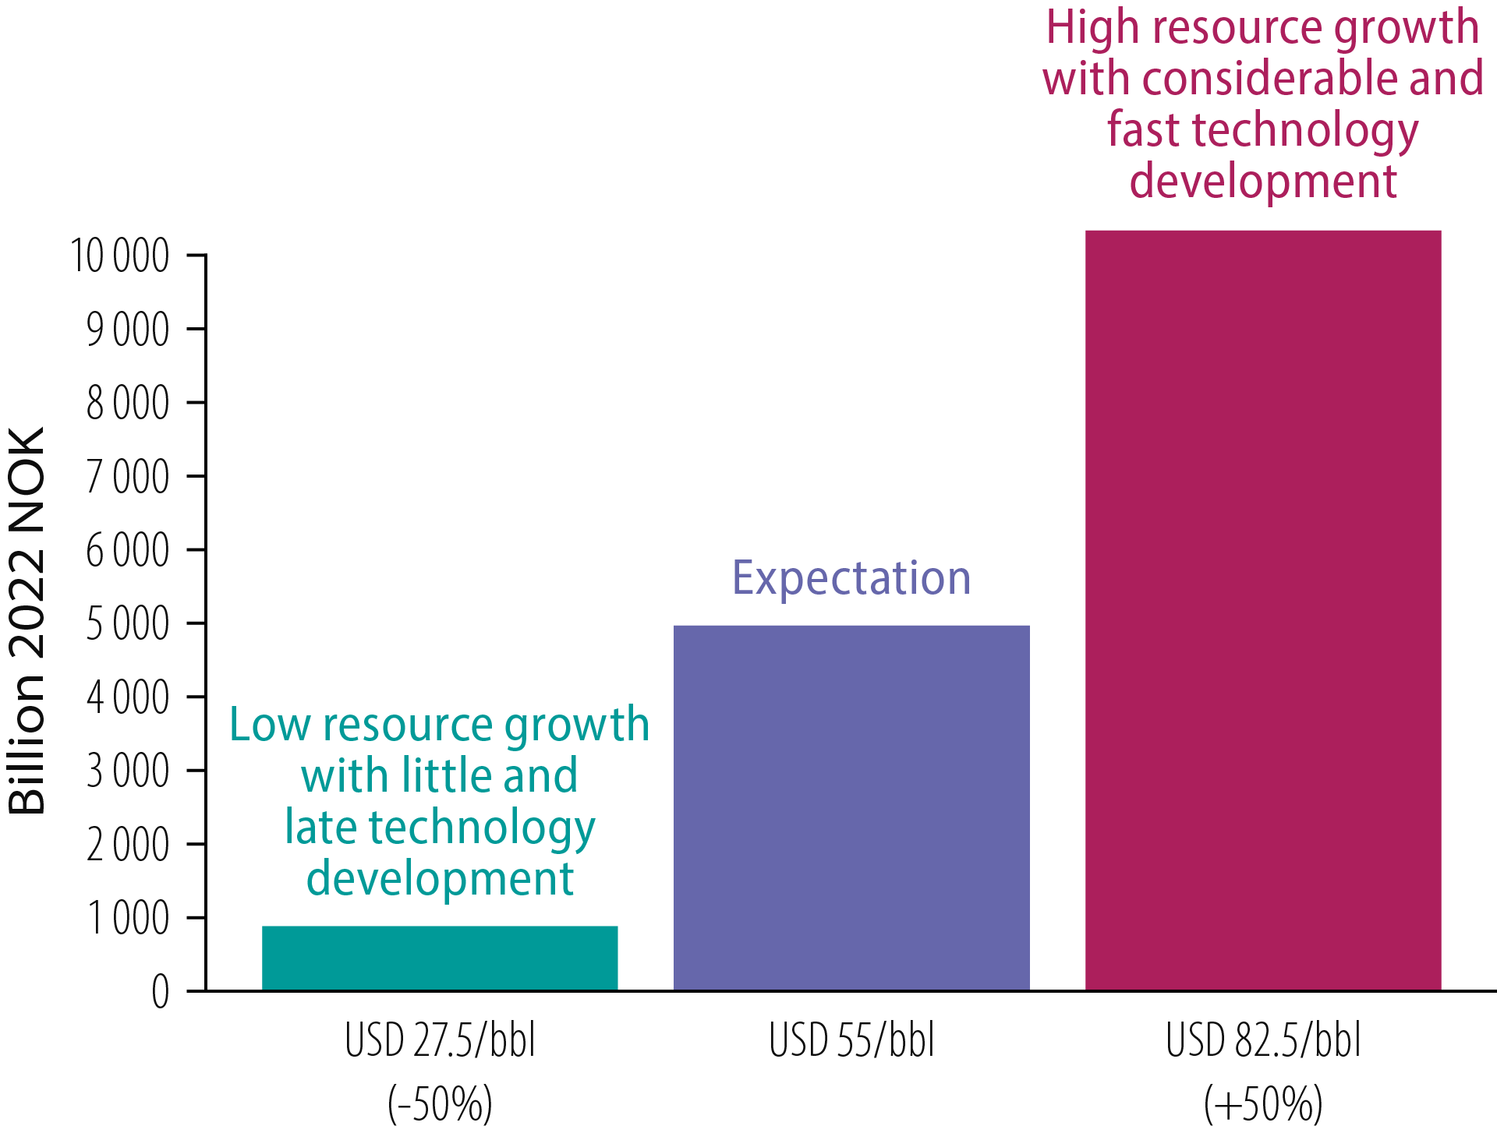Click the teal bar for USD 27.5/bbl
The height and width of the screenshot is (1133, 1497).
click(x=440, y=958)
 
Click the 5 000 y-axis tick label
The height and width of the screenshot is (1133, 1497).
click(x=128, y=623)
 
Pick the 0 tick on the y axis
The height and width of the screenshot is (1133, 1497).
click(x=161, y=992)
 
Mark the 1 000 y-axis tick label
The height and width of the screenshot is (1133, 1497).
click(x=128, y=918)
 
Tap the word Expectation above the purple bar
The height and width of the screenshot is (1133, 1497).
click(x=851, y=578)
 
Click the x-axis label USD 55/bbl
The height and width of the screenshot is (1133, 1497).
click(x=851, y=1040)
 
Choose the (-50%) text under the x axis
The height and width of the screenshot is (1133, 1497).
click(x=440, y=1103)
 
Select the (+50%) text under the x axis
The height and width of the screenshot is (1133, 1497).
click(x=1263, y=1103)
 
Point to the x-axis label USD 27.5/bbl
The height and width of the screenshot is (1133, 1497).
click(x=440, y=1040)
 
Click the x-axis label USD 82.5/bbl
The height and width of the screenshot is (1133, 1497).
click(x=1263, y=1040)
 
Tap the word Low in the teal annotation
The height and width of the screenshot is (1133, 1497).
click(x=270, y=725)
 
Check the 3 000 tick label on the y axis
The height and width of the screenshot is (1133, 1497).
click(x=128, y=771)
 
